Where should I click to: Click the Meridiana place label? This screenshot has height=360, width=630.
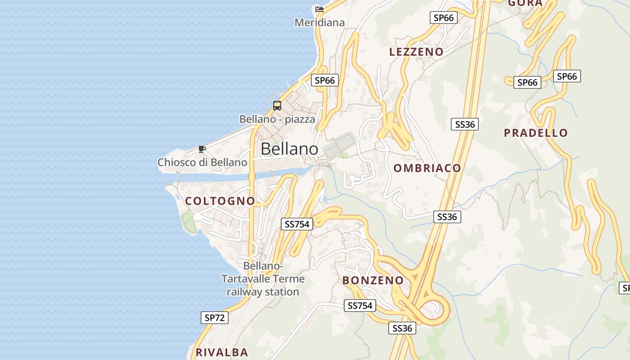pyautogui.click(x=319, y=22)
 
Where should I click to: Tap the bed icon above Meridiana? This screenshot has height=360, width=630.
pyautogui.click(x=319, y=9)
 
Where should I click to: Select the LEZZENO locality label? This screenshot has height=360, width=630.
pyautogui.click(x=416, y=52)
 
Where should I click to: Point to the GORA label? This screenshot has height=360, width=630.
pyautogui.click(x=525, y=3)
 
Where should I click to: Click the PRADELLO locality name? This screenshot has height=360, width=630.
pyautogui.click(x=535, y=133)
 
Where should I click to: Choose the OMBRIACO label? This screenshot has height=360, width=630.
pyautogui.click(x=427, y=168)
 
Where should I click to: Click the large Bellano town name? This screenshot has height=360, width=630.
pyautogui.click(x=289, y=149)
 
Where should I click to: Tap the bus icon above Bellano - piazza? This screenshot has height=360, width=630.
pyautogui.click(x=277, y=106)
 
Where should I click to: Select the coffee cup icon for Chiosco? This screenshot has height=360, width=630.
pyautogui.click(x=202, y=149)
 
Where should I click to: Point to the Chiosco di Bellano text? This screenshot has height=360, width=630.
pyautogui.click(x=202, y=162)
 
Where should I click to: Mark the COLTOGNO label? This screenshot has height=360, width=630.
pyautogui.click(x=220, y=201)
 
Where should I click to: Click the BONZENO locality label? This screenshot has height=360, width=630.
pyautogui.click(x=373, y=280)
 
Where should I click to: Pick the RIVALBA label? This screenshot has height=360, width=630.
pyautogui.click(x=222, y=352)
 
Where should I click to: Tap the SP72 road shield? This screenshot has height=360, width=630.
pyautogui.click(x=215, y=318)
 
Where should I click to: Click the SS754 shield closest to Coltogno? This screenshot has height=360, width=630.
pyautogui.click(x=297, y=224)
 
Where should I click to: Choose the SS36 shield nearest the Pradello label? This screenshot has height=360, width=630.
pyautogui.click(x=465, y=124)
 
